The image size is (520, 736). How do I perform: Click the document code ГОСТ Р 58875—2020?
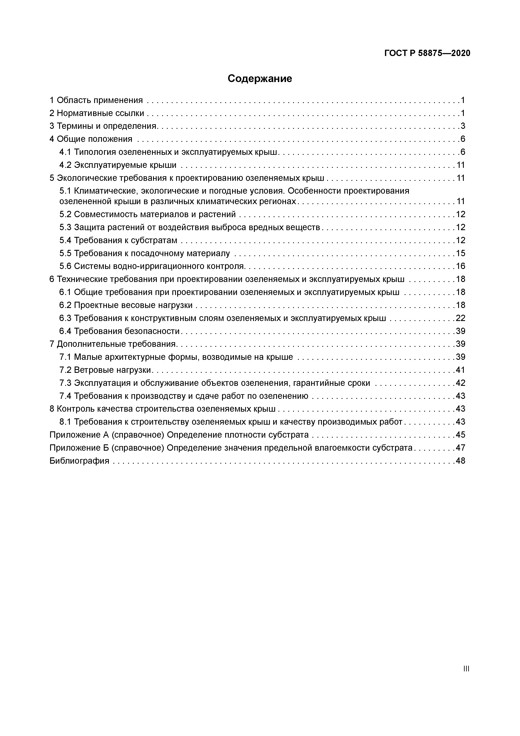pos(427,53)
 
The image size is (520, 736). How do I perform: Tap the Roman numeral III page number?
pos(466,669)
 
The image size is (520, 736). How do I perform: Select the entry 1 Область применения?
pos(96,100)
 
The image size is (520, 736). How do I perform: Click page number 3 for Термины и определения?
pos(463,126)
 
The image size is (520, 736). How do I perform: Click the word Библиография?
pos(79,461)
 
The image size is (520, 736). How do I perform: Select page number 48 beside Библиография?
pos(460,461)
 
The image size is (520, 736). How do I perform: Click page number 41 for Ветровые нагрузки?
pos(460,370)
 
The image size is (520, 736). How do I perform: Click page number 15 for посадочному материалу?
pos(460,253)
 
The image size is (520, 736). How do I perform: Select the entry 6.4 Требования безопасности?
pos(119,331)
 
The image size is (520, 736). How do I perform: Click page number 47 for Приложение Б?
pos(460,448)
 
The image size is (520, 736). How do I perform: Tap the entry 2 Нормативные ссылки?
pos(97,113)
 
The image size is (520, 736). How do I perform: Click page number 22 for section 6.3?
pos(460,318)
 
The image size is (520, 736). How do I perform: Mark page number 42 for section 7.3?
pos(460,383)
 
